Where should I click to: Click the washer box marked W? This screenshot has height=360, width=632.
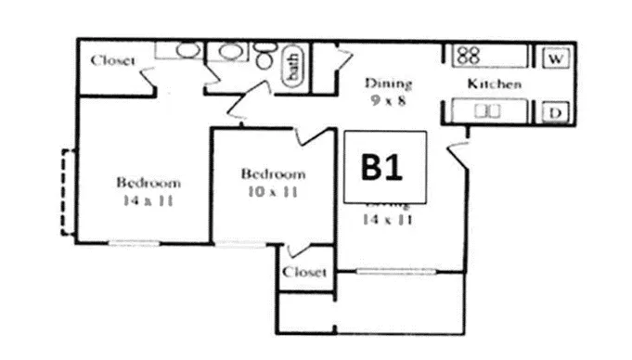click(556, 58)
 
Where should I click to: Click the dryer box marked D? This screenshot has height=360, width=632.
click(556, 112)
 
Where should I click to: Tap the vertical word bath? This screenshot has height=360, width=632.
click(291, 66)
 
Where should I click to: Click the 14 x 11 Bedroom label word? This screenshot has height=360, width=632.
click(148, 182)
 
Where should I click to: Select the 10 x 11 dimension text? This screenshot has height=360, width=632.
click(272, 192)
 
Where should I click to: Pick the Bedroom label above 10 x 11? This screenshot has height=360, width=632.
click(273, 174)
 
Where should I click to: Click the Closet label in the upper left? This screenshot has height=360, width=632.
click(113, 61)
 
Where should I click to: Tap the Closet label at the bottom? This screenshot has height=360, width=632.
click(304, 273)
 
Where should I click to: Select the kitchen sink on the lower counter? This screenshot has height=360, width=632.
click(486, 111)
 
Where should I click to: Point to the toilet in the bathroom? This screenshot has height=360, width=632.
click(264, 60)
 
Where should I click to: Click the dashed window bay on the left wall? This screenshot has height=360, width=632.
click(66, 192)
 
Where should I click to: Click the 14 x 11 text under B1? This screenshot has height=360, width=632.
click(389, 220)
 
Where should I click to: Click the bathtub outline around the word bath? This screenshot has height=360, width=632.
click(292, 66)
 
